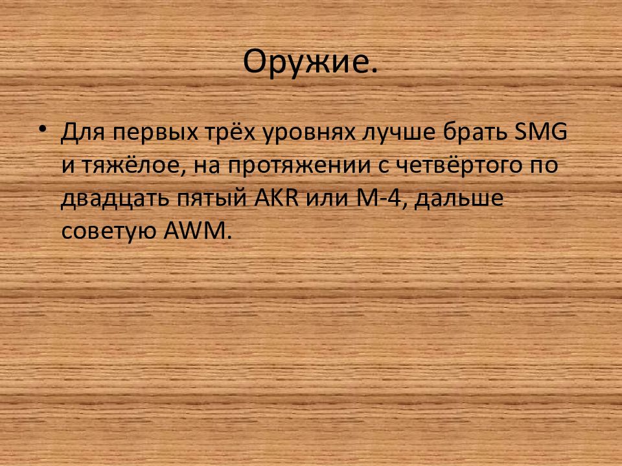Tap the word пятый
pyautogui.click(x=205, y=199)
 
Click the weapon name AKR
pyautogui.click(x=275, y=197)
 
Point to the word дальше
pyautogui.click(x=461, y=199)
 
